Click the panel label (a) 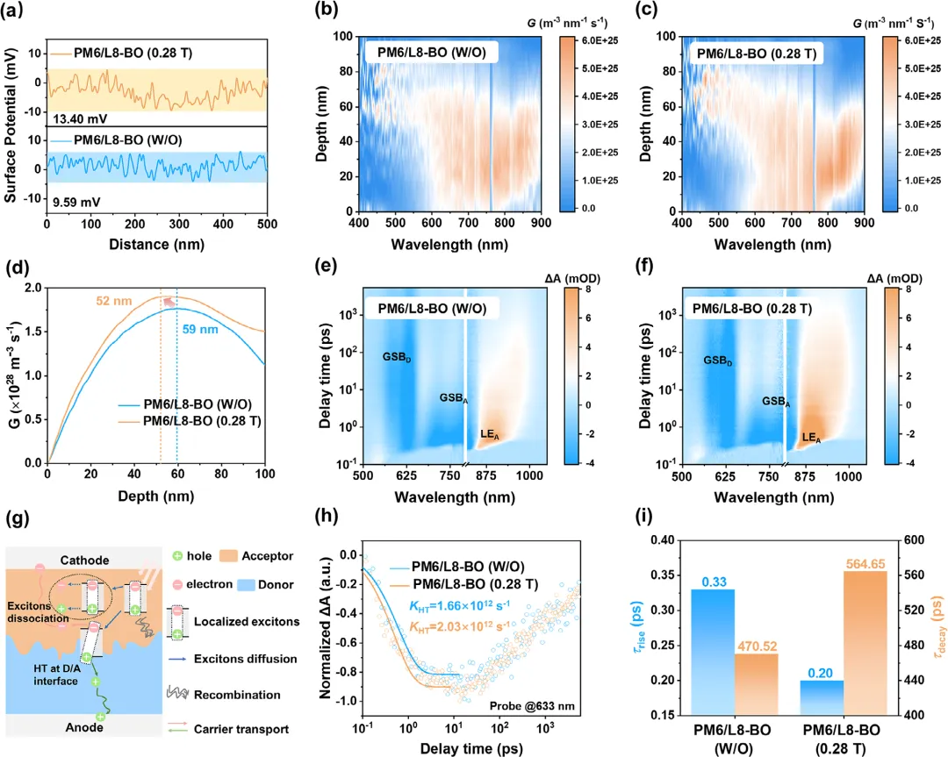pos(18,13)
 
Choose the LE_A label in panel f pos(811,437)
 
